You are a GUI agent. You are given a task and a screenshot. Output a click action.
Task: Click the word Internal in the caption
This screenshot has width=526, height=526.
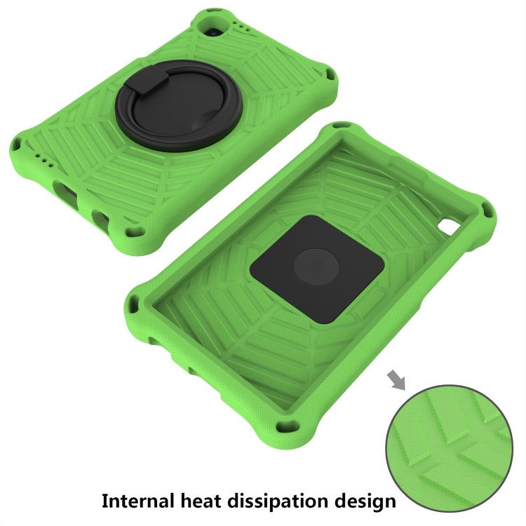(138, 501)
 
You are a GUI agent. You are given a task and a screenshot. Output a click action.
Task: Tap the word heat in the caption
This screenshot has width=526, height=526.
(201, 501)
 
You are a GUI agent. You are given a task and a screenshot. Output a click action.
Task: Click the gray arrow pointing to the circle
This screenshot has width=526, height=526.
(396, 379)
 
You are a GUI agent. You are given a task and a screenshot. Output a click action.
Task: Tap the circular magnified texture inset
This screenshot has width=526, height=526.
(449, 448)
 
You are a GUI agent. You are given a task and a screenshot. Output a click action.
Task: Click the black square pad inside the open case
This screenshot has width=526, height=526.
(317, 269)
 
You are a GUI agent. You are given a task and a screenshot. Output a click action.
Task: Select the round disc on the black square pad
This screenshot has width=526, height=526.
(316, 267)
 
